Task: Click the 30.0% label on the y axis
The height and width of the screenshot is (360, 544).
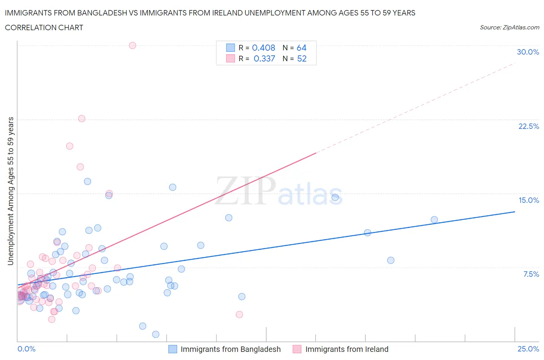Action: tap(528, 52)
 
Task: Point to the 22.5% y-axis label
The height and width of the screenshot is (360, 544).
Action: tap(529, 126)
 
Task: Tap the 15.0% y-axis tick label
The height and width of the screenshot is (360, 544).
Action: tap(529, 200)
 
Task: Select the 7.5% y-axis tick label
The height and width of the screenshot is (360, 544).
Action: tap(531, 274)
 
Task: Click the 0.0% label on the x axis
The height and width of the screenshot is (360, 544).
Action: tap(26, 349)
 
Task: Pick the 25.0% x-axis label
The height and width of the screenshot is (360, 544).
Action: tap(528, 349)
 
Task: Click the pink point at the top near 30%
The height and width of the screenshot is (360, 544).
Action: tap(132, 45)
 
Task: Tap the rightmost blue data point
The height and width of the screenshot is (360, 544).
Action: tap(434, 220)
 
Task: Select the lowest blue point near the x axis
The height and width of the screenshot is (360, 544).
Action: tap(156, 334)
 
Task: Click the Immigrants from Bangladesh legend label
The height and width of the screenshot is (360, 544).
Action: tap(231, 349)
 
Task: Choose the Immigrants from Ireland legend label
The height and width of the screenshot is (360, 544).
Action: tap(347, 349)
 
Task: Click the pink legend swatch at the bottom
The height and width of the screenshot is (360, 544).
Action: tap(297, 349)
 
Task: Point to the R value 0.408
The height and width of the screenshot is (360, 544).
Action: tap(263, 48)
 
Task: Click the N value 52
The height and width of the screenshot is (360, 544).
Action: tap(301, 58)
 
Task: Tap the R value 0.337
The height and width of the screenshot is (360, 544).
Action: tap(264, 58)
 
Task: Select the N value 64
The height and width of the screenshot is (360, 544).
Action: tap(301, 48)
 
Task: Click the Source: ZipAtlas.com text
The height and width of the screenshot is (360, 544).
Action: tap(509, 27)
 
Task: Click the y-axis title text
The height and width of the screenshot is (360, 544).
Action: tap(10, 191)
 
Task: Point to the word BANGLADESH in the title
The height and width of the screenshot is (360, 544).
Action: tap(102, 13)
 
